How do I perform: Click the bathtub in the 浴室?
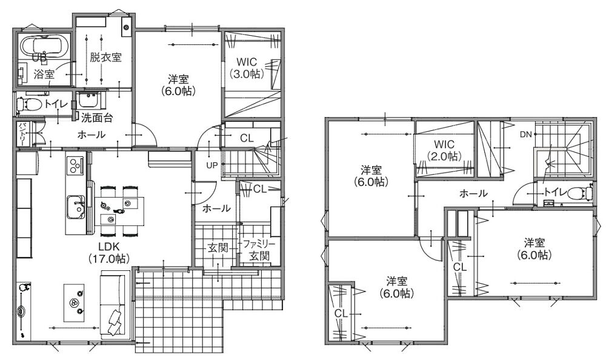tap(45, 46)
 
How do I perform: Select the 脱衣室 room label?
tap(106, 58)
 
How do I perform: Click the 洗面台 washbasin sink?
tap(90, 101)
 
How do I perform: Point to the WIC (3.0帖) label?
tap(247, 68)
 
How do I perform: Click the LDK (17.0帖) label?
tap(108, 253)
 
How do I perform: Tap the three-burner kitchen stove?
tap(75, 165)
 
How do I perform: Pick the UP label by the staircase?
tap(211, 165)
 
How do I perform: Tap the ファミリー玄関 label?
tap(259, 250)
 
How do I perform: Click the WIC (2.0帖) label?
tap(444, 150)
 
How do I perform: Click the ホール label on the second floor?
tap(473, 193)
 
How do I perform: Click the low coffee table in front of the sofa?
tap(73, 302)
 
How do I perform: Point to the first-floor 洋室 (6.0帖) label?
tap(178, 85)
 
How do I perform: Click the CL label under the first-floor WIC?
tap(247, 138)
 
